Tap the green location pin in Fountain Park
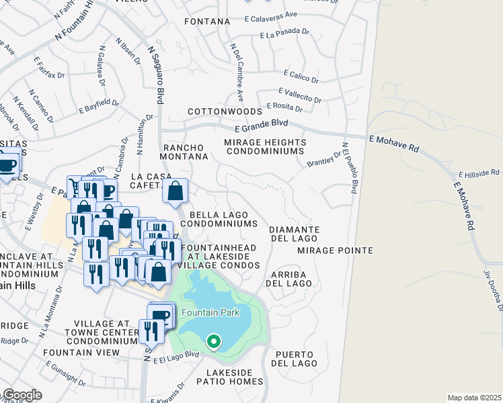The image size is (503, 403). click(214, 342)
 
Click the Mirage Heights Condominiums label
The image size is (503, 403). click(265, 147)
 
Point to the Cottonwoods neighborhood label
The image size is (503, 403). click(224, 111)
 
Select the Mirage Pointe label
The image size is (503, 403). click(335, 251)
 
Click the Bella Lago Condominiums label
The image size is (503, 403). click(219, 219)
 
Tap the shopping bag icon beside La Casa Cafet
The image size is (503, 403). click(175, 191)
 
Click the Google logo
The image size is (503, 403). click(22, 395)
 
